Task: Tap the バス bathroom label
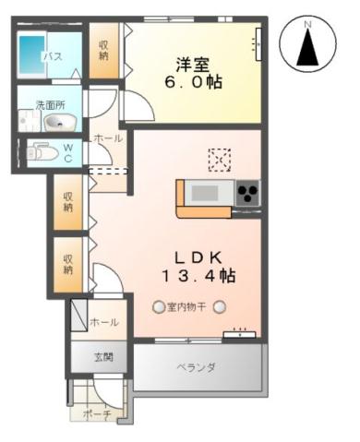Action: (x=53, y=57)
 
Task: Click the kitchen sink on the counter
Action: (x=203, y=193)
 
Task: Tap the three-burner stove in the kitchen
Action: (x=246, y=194)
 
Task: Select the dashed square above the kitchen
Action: (x=221, y=160)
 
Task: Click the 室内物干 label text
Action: (x=188, y=307)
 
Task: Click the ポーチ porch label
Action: (x=98, y=415)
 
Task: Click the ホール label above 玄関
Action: (x=103, y=322)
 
